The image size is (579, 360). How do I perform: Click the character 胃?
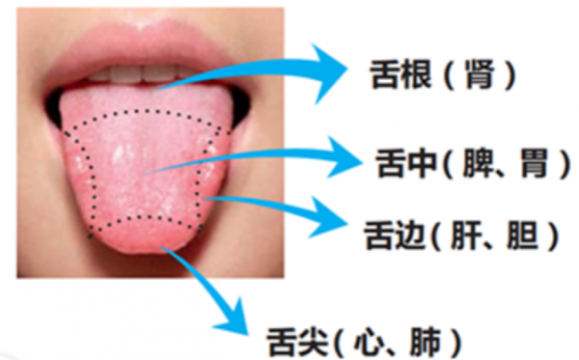tap(534, 165)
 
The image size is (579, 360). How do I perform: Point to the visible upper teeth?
tap(135, 72)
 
